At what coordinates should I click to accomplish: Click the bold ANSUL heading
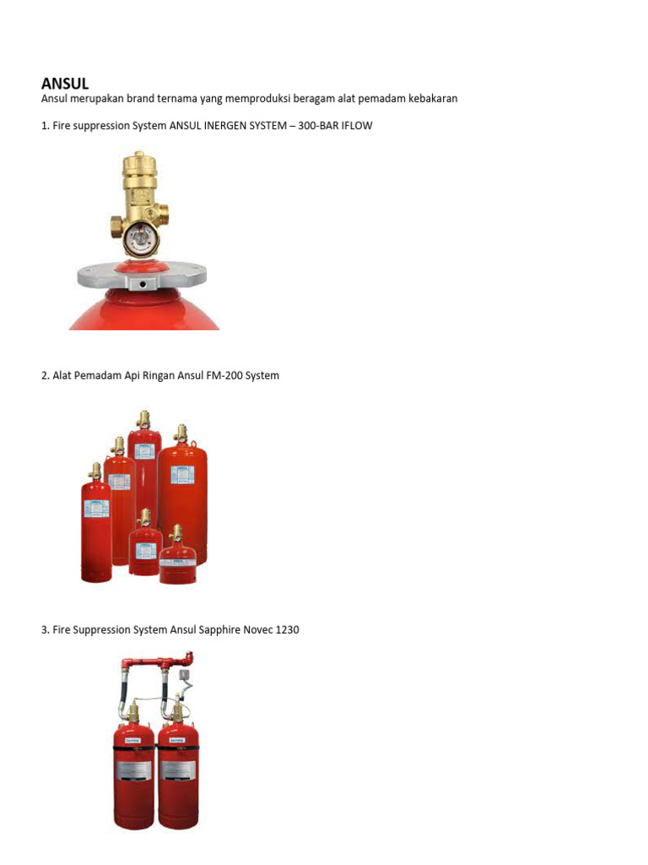65,83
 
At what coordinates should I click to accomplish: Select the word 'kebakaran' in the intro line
433,99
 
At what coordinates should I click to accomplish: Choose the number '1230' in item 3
286,630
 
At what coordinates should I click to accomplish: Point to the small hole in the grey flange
141,284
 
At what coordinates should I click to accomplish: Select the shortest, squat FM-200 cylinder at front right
178,563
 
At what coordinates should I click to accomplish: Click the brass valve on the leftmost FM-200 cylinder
95,471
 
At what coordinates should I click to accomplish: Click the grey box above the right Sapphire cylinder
182,675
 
